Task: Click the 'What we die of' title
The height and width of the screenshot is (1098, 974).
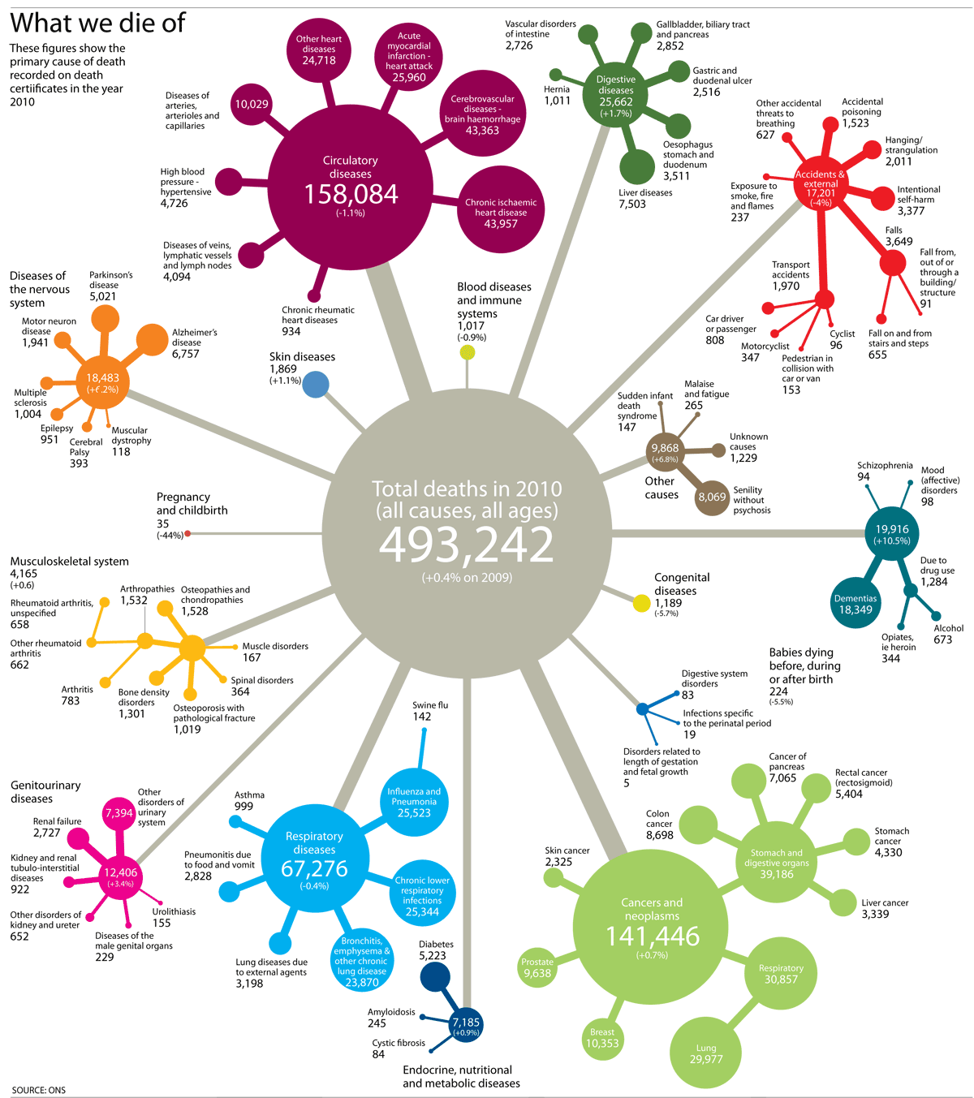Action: click(97, 23)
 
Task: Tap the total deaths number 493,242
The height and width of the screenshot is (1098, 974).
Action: click(466, 545)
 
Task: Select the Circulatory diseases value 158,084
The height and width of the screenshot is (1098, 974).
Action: click(351, 193)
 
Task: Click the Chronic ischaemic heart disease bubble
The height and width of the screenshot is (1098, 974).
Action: click(500, 209)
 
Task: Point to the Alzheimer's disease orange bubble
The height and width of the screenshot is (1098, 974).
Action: click(153, 340)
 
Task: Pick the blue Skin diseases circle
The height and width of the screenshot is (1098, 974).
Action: click(316, 384)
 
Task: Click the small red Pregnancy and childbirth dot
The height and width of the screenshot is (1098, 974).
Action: click(187, 534)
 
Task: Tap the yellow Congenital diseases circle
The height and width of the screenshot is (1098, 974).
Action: click(642, 603)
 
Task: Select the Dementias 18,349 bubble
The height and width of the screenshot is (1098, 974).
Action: click(855, 603)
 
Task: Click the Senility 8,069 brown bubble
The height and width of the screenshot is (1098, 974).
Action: click(712, 497)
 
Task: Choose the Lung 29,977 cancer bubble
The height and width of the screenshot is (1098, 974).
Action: click(705, 1053)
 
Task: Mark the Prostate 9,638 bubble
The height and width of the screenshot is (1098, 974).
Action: click(537, 967)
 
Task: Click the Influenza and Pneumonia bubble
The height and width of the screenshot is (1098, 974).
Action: click(414, 802)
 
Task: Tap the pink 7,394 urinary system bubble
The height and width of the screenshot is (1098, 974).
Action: click(119, 813)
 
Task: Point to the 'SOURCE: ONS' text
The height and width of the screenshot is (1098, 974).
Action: click(38, 1090)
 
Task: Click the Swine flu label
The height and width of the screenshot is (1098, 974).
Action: click(430, 705)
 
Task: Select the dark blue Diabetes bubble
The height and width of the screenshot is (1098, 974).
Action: click(435, 977)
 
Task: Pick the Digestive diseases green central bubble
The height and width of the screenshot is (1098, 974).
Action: click(616, 96)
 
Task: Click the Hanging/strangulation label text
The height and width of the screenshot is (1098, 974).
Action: click(912, 144)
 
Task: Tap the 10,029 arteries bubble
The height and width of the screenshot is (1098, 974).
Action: click(252, 104)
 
